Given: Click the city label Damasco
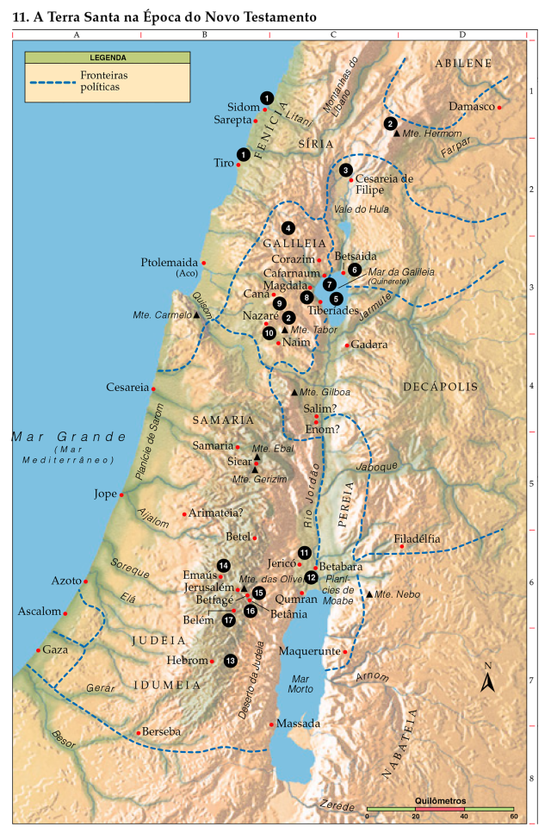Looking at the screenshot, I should [x=471, y=107].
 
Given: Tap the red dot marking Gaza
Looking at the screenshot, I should [x=38, y=650].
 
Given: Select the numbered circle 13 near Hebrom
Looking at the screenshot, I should [x=230, y=661].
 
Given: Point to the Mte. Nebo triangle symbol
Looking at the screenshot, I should [x=369, y=594].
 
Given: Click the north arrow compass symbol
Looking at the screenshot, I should [x=487, y=681].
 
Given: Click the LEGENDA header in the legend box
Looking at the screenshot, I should [x=108, y=58].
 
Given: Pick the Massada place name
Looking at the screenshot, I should [x=300, y=724].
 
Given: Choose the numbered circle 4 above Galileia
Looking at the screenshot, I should [x=288, y=228].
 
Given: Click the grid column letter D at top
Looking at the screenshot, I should [x=462, y=34].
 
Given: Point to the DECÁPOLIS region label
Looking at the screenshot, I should [x=439, y=388].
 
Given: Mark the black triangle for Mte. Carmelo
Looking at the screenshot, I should [x=196, y=315].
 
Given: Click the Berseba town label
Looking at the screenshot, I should [x=162, y=731].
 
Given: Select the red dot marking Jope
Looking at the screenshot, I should [x=121, y=495].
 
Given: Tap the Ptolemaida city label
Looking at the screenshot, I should [x=169, y=262].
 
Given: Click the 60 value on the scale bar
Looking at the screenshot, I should [x=513, y=816].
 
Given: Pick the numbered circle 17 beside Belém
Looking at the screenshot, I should [x=229, y=619].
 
